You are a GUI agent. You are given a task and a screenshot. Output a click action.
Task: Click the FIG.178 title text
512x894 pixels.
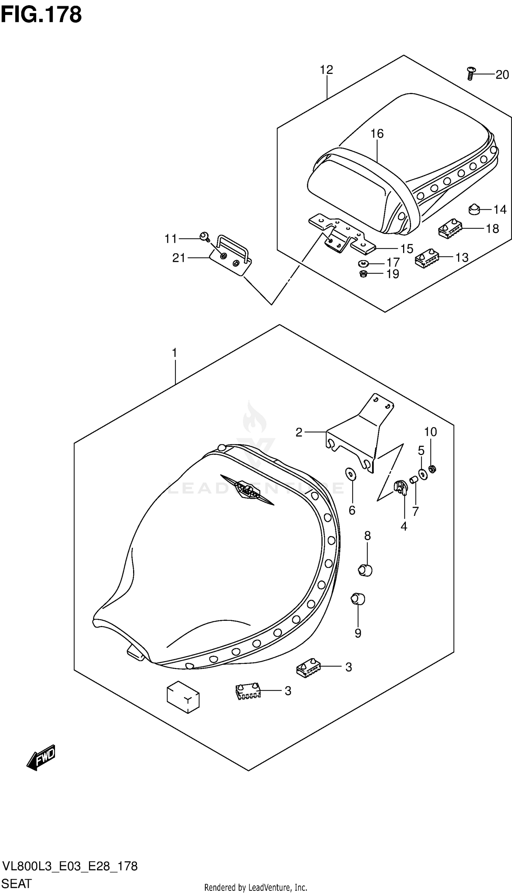pos(41,15)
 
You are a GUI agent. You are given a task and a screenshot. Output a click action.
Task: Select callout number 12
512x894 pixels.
pos(326,70)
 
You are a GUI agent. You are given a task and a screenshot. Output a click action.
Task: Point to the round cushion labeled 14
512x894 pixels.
pos(474,210)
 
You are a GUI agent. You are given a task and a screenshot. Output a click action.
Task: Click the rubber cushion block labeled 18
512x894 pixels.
pos(450,229)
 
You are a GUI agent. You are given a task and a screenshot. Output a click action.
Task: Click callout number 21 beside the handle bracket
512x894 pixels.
pos(179,258)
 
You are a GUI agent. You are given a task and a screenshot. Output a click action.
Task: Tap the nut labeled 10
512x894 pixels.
pos(433,469)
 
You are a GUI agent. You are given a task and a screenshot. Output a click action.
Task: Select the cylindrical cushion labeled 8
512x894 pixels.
pos(365,570)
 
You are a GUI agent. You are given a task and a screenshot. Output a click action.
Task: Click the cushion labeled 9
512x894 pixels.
pos(358,599)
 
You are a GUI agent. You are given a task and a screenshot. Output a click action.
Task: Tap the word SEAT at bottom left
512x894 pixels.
pos(16,883)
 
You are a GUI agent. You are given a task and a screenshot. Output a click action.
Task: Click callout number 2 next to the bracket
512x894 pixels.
pos(299,432)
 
